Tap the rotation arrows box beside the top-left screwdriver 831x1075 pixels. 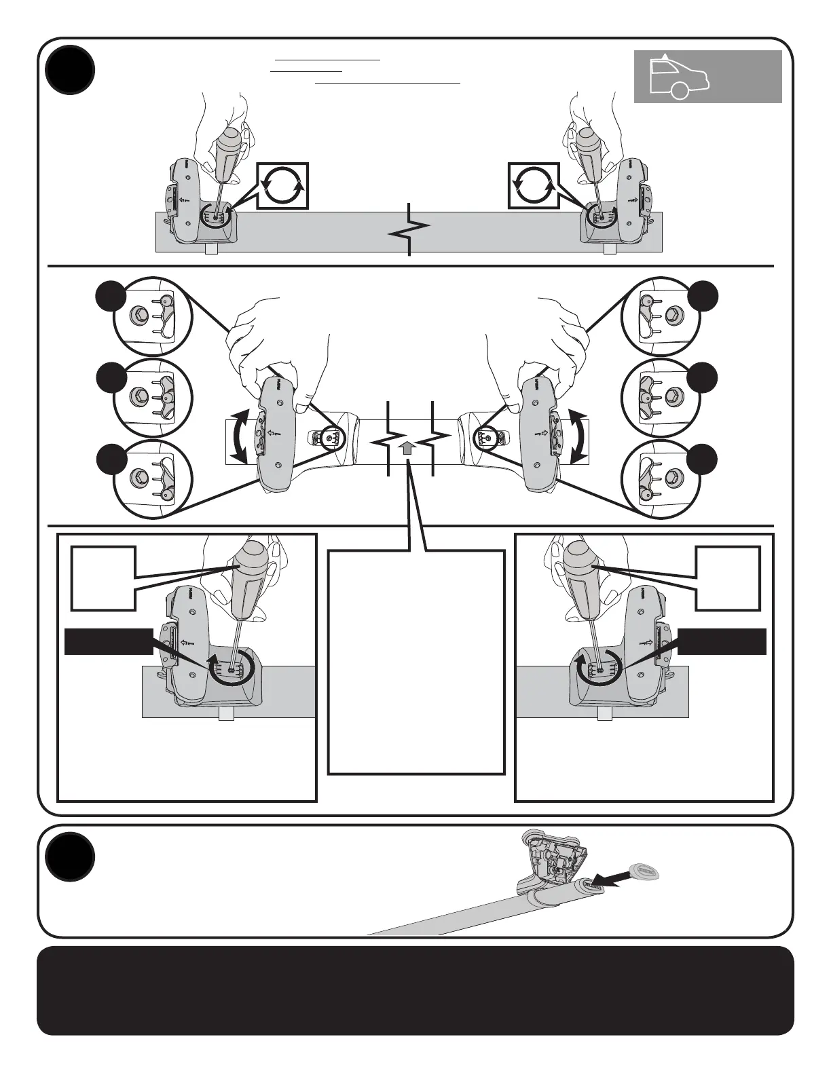pos(282,185)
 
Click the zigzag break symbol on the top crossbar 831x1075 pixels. pos(409,230)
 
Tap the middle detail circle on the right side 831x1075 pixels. pos(661,397)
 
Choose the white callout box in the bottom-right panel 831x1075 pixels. pos(727,578)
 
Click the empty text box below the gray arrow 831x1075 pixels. pos(416,662)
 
